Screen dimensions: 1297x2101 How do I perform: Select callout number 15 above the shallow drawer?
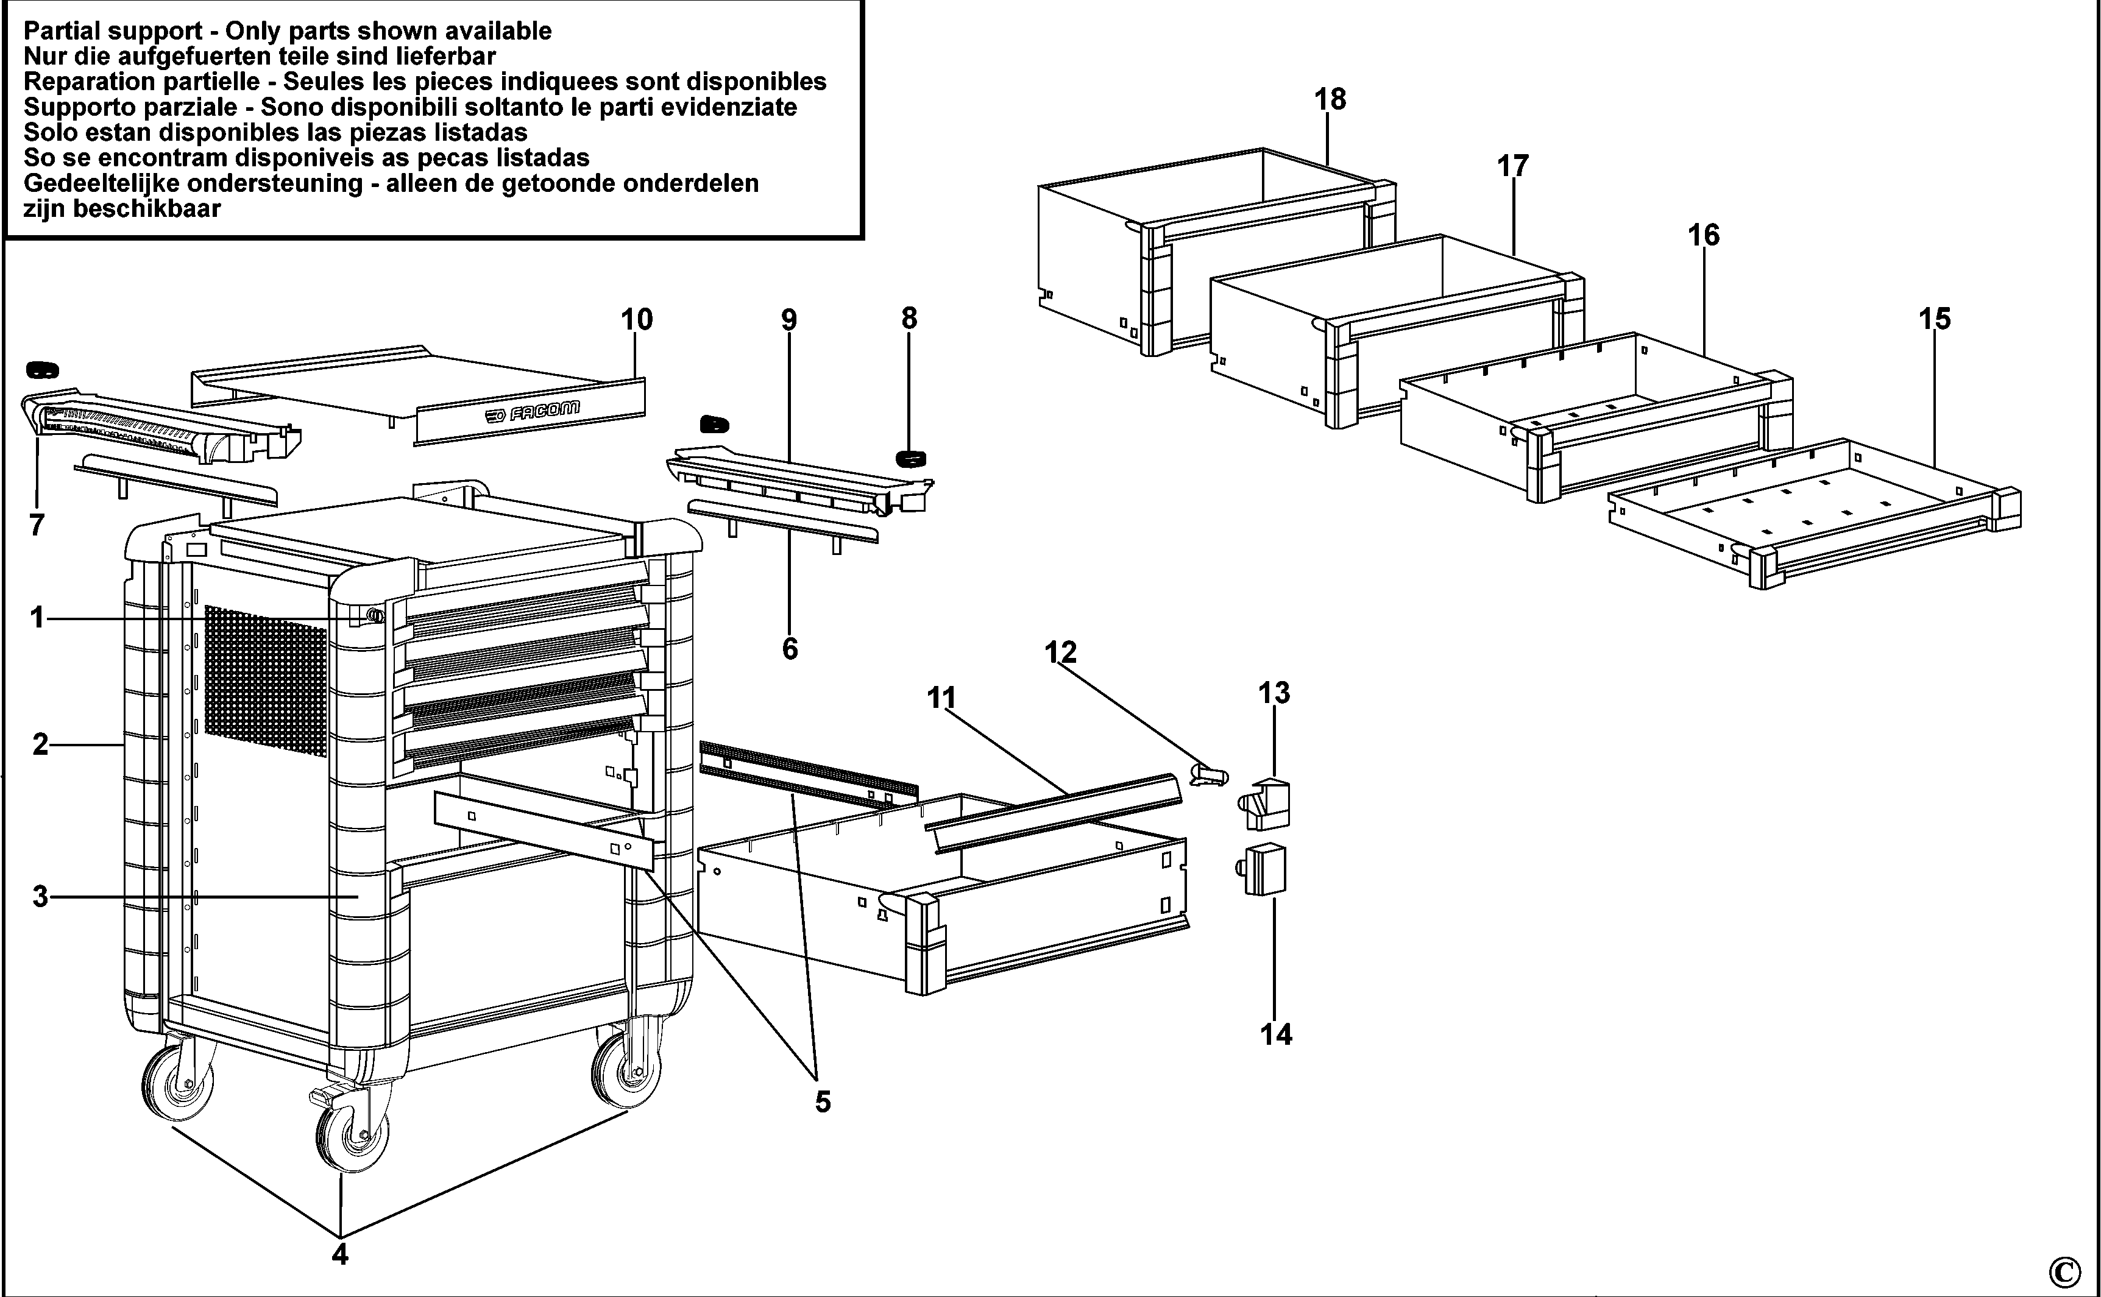tap(1935, 319)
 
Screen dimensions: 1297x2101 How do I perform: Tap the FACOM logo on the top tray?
tap(532, 412)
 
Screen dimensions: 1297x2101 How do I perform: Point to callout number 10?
tap(637, 320)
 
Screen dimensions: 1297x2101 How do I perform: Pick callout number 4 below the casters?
tap(340, 1254)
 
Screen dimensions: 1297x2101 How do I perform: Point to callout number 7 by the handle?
tap(36, 525)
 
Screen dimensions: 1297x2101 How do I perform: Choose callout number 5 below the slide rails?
tap(822, 1101)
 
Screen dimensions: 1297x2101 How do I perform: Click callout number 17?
tap(1514, 166)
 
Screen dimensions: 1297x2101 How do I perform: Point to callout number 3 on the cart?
tap(40, 897)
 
